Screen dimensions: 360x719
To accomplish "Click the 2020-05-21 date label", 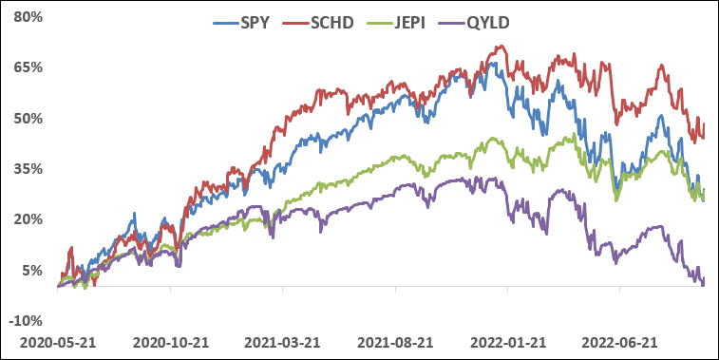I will click(58, 341).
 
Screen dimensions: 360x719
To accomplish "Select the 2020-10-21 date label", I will click(171, 341).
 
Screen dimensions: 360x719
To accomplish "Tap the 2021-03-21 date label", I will click(283, 341).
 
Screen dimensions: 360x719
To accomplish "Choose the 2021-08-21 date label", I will click(396, 341).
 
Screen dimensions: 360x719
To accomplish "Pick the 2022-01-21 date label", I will click(508, 341).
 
